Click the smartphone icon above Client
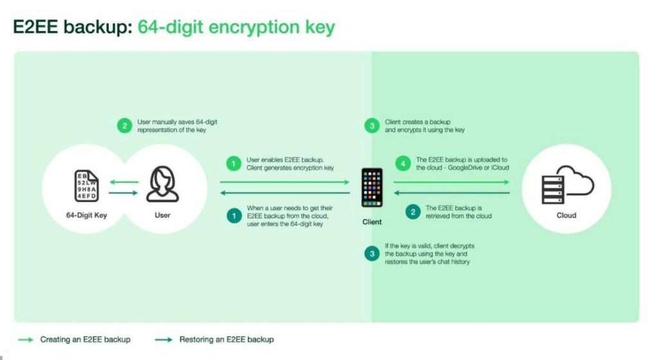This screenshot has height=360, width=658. point(372,188)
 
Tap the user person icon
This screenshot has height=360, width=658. point(163,184)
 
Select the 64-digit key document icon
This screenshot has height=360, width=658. point(87,186)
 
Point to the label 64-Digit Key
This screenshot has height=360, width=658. point(87,215)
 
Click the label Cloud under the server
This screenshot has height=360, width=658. point(567,215)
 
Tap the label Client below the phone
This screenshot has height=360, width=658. point(372,222)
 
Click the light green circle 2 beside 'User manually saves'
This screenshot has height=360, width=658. point(125,125)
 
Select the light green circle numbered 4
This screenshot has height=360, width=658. point(404,163)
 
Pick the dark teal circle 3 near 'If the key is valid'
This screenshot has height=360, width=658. point(372,253)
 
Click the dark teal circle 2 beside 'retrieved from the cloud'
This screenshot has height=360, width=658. point(413,212)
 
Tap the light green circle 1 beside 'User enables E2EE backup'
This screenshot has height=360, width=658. point(234,163)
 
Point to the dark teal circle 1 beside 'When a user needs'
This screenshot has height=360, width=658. point(234,215)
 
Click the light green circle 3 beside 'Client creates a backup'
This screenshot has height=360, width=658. point(372,125)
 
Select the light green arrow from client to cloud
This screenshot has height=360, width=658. point(452,182)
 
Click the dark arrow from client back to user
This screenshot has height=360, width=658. point(285,193)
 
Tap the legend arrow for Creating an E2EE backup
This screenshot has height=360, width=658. point(26,339)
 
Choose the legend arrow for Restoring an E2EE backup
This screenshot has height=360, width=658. point(164,339)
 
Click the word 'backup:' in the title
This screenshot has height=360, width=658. point(98,27)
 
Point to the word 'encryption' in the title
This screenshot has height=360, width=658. point(254,28)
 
